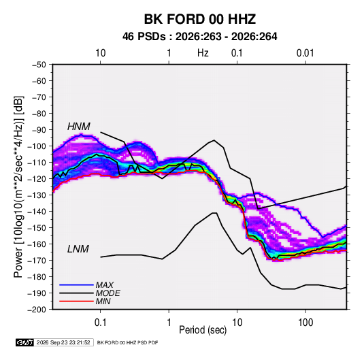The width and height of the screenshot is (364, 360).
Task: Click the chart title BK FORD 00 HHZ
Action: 200,19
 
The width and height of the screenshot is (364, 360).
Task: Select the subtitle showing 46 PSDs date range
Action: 199,37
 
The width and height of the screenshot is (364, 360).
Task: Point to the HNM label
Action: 79,127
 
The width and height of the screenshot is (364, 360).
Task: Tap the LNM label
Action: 78,249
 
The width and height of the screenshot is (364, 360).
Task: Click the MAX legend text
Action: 105,285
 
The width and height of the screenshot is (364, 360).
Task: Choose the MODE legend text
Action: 107,293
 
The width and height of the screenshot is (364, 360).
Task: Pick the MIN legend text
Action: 103,301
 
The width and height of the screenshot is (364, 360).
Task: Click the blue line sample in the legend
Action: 76,284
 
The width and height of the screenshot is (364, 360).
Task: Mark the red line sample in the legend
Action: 76,301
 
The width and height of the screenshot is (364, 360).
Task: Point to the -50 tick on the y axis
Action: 39,65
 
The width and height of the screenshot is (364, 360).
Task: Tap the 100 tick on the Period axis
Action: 305,323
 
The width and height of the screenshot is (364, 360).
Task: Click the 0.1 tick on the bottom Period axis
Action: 100,323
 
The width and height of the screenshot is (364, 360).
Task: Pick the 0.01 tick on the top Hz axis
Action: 305,53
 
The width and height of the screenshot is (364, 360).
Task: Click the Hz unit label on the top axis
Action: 203,53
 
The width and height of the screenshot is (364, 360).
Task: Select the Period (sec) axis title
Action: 203,330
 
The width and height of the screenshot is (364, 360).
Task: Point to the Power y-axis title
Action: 18,187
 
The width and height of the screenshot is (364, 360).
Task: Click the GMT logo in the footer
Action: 25,342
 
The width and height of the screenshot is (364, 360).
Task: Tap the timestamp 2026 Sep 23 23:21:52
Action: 63,342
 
